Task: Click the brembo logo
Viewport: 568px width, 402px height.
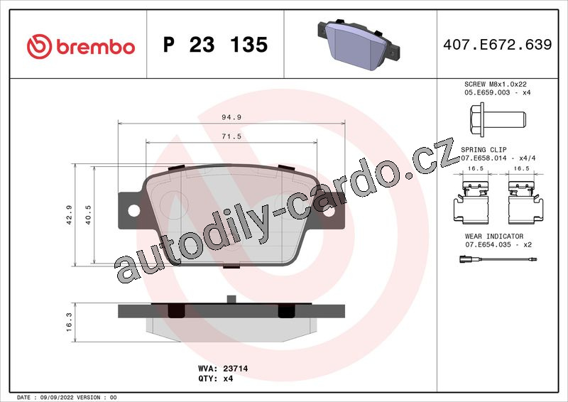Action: tap(80, 47)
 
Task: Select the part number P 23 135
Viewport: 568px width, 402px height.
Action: tap(215, 45)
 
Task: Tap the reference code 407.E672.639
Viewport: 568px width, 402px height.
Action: tap(498, 44)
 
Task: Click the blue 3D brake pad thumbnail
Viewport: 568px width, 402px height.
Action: tap(359, 44)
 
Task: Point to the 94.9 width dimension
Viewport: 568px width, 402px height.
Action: tap(231, 117)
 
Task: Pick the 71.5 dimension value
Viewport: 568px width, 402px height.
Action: tap(231, 136)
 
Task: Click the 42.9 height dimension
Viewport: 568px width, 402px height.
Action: tap(69, 215)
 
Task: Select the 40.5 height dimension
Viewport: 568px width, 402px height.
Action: tap(88, 215)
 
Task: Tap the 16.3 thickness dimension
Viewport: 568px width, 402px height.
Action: tap(69, 322)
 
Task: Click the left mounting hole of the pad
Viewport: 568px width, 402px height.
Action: tap(134, 210)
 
